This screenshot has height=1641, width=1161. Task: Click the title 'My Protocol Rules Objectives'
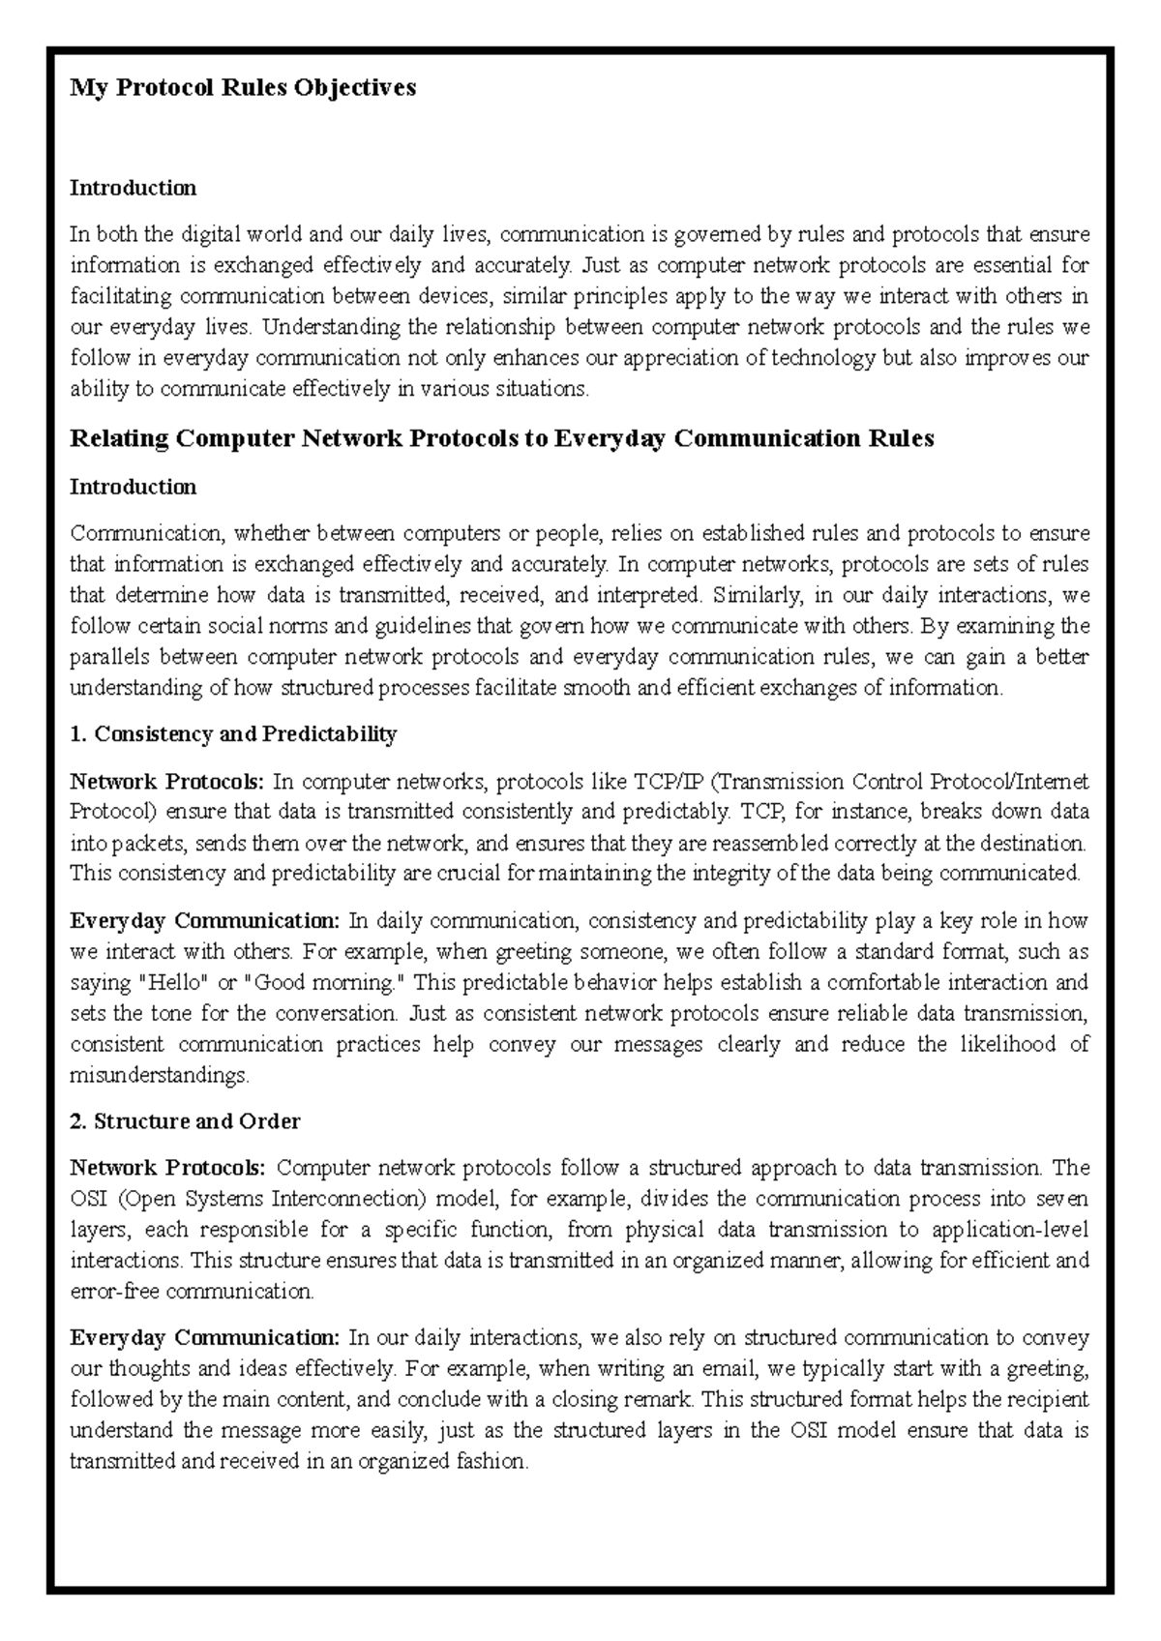[242, 88]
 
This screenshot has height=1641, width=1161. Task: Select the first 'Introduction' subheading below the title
[133, 188]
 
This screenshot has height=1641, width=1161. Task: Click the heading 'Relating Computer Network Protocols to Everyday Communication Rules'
[501, 439]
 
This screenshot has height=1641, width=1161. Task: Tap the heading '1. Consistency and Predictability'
[233, 734]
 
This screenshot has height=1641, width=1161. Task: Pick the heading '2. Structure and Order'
[185, 1121]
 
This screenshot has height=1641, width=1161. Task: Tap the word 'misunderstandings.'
[160, 1075]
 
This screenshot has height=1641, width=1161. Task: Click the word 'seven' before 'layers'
[1063, 1199]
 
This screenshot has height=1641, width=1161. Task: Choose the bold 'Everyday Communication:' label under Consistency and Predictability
[204, 920]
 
